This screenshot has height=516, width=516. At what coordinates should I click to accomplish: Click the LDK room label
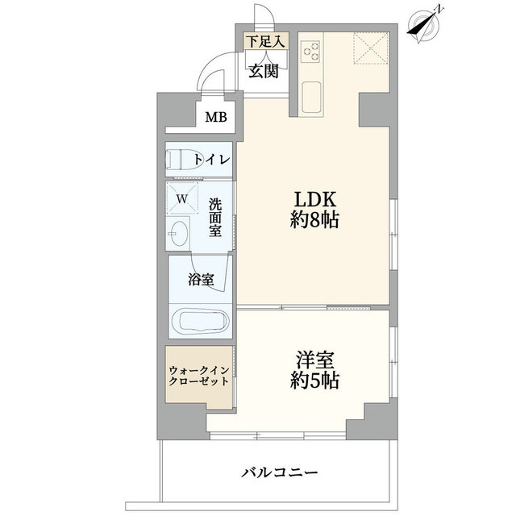[313, 199]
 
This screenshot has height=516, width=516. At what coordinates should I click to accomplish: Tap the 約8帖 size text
[314, 220]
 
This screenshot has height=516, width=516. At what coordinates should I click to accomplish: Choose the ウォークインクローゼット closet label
[198, 376]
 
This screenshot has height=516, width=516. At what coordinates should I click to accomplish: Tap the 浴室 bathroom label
[201, 280]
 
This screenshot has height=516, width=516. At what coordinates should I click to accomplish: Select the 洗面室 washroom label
[215, 218]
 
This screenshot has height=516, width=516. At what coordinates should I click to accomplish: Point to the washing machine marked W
[182, 198]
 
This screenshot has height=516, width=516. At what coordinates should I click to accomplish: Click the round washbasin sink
[179, 238]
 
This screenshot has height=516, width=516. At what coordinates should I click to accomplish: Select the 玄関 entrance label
[263, 71]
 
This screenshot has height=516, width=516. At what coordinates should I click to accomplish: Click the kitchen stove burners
[310, 52]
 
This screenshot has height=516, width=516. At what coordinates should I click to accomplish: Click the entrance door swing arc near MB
[211, 77]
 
